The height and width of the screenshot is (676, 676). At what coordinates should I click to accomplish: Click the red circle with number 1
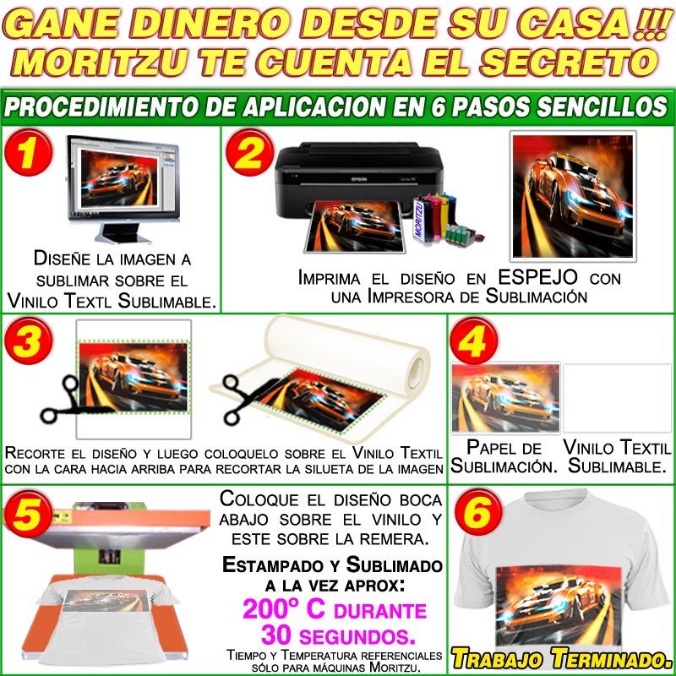(x=29, y=152)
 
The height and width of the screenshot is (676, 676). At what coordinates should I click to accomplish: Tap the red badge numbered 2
(x=250, y=152)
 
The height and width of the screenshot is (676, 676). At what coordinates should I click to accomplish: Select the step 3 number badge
(x=29, y=341)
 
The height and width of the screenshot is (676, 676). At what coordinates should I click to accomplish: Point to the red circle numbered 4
(x=474, y=341)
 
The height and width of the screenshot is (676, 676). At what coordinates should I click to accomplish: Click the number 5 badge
(x=29, y=514)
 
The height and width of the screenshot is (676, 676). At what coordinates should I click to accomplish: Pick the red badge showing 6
(x=478, y=512)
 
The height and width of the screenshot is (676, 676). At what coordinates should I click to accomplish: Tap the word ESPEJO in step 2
(x=537, y=277)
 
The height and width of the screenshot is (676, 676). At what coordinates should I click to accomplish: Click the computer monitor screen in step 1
(x=118, y=177)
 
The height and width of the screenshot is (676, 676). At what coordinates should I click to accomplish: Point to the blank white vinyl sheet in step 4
(x=617, y=398)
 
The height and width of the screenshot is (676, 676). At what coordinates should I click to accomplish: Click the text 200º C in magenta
(x=284, y=609)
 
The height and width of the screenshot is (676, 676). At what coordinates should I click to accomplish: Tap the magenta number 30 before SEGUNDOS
(x=277, y=635)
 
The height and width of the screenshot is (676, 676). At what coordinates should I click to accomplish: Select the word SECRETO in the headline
(x=569, y=61)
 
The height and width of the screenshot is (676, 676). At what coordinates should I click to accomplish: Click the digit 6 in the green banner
(x=438, y=107)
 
